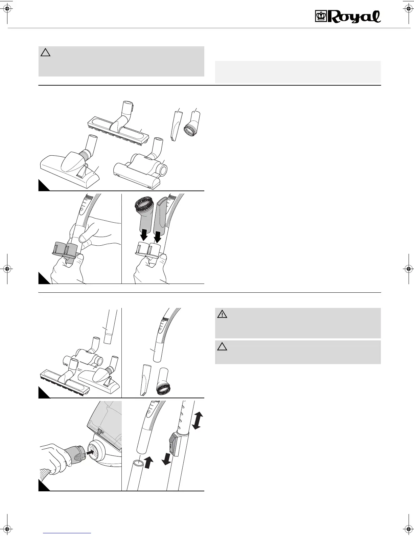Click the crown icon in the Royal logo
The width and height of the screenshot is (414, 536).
(320, 17)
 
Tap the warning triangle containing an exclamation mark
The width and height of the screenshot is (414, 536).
(222, 314)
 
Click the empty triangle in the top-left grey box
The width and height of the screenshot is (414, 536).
(45, 52)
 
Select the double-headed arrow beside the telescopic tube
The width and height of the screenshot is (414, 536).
(196, 420)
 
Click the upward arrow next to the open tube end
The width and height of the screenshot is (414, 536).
(148, 462)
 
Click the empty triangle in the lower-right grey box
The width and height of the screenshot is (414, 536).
(222, 347)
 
